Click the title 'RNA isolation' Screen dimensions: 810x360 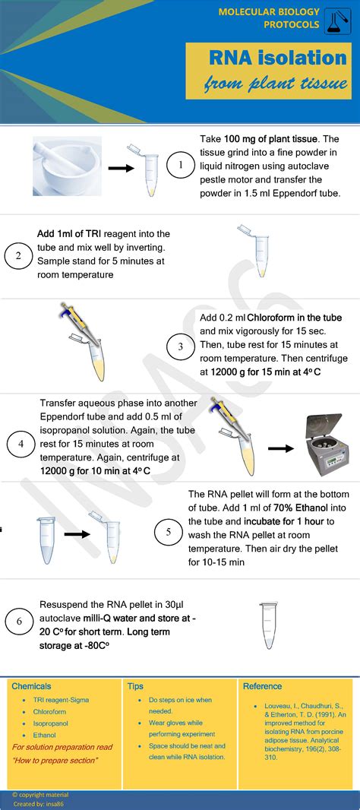[x=278, y=58]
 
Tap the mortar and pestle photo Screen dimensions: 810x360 [x=67, y=166]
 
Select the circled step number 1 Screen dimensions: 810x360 [x=180, y=165]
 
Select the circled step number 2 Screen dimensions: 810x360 [x=18, y=256]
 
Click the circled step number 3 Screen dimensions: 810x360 [x=180, y=348]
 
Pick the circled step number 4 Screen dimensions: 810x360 [x=21, y=444]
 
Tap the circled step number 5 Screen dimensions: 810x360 [x=168, y=532]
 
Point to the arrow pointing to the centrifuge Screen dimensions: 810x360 [x=280, y=448]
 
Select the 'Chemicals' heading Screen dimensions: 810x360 [x=31, y=686]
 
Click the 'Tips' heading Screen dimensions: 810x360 [x=135, y=686]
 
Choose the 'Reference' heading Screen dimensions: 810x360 [x=262, y=686]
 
